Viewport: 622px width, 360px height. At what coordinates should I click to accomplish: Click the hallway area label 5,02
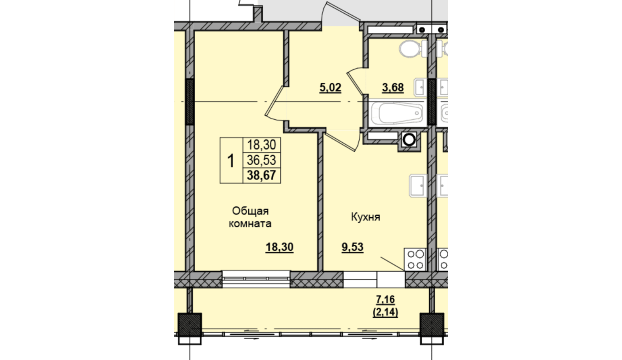coord(330,88)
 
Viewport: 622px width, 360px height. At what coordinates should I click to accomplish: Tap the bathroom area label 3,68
coord(393,88)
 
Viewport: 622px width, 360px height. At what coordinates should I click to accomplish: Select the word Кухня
coord(366,217)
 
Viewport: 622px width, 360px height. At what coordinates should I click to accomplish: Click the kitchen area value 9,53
coord(352,247)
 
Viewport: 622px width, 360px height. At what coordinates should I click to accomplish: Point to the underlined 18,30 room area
coord(279,247)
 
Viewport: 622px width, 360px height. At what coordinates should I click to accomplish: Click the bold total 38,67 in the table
coord(261,175)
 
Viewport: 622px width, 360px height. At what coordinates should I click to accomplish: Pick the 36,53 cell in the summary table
coord(261,160)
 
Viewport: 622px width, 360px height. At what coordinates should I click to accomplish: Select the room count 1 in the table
coord(231,161)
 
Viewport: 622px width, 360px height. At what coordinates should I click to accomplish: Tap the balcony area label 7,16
coord(385,300)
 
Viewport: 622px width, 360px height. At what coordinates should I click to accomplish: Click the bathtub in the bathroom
coord(397,113)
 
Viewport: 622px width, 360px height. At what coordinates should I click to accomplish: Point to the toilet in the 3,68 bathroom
coord(413,49)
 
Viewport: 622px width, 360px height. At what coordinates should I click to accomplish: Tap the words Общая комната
coord(250,217)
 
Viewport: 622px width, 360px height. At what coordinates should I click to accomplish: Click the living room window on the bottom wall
coord(256,279)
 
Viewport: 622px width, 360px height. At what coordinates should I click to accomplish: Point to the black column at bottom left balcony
coord(189,325)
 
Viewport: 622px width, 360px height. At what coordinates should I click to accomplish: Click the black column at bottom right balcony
coord(432,325)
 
